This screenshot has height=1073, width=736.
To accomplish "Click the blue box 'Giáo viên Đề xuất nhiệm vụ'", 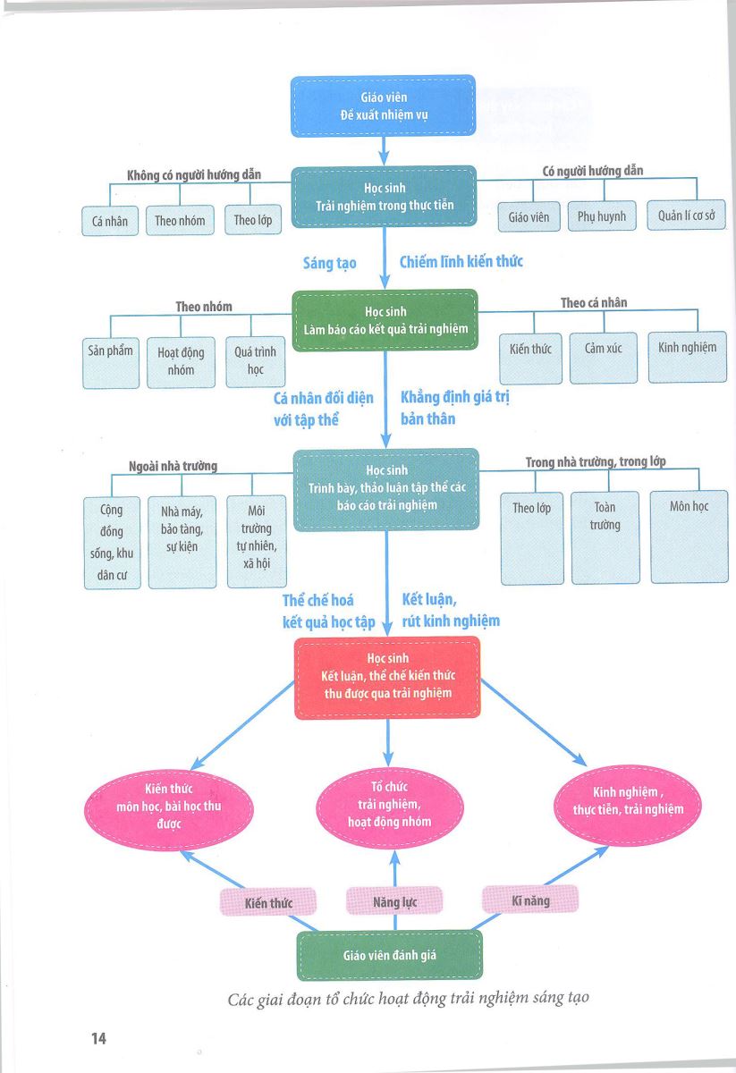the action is click(384, 106).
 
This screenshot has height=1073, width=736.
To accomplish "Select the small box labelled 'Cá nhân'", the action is click(110, 221).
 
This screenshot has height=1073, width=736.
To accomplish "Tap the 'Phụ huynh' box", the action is click(602, 216).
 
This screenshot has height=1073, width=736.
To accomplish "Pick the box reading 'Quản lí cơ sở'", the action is click(686, 215).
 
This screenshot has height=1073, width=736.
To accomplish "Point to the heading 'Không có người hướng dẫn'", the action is click(193, 175).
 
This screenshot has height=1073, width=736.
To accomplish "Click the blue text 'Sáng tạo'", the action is click(330, 263).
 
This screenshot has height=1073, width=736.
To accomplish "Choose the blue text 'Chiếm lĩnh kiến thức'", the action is click(461, 261).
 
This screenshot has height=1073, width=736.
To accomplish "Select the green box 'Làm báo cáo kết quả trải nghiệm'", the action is click(385, 320).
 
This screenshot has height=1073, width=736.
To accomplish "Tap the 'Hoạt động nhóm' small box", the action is click(181, 362).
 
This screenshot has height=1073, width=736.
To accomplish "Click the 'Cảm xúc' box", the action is click(604, 358).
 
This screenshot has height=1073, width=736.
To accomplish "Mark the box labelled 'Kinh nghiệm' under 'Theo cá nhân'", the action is click(688, 357).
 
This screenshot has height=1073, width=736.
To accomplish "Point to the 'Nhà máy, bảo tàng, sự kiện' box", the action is click(182, 542).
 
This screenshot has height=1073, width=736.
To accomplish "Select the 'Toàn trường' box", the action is click(605, 537).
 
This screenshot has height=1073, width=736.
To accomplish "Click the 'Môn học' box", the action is click(689, 536).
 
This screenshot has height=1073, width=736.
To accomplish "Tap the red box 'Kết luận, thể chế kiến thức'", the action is click(387, 678).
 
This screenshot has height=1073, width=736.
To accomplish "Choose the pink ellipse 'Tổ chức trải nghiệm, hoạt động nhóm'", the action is click(390, 807).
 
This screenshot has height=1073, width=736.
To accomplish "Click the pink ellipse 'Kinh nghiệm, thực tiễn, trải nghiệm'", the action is click(628, 805).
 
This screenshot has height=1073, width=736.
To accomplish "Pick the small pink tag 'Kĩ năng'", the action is click(530, 900).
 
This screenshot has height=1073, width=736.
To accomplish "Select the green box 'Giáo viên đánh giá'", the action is click(390, 955).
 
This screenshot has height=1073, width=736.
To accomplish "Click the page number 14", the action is click(98, 1038).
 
